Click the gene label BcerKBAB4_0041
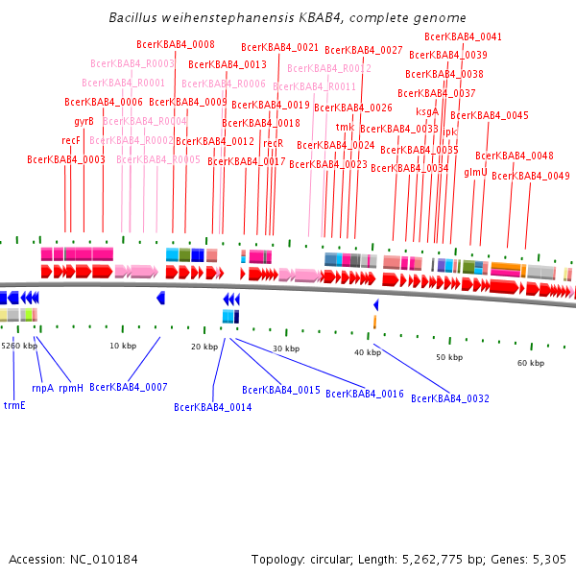coord(463,36)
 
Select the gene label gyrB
coord(84,121)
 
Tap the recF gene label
coord(71,140)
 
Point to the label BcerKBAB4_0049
coord(530,176)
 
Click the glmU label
coord(475,172)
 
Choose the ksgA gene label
coord(427,111)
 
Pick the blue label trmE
coord(14,405)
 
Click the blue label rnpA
coord(42,388)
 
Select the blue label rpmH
coord(71,388)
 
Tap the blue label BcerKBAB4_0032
coord(450,397)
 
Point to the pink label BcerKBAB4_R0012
coord(328,68)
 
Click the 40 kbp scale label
coord(368,353)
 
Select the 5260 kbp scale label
coord(18,346)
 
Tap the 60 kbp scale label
coord(531,363)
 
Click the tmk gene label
coord(345,127)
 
